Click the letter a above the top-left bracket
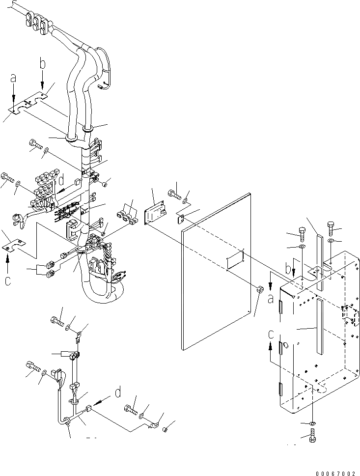click(x=13, y=78)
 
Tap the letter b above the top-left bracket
click(x=43, y=63)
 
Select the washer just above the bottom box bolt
click(x=313, y=423)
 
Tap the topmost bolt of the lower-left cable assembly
click(x=57, y=322)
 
